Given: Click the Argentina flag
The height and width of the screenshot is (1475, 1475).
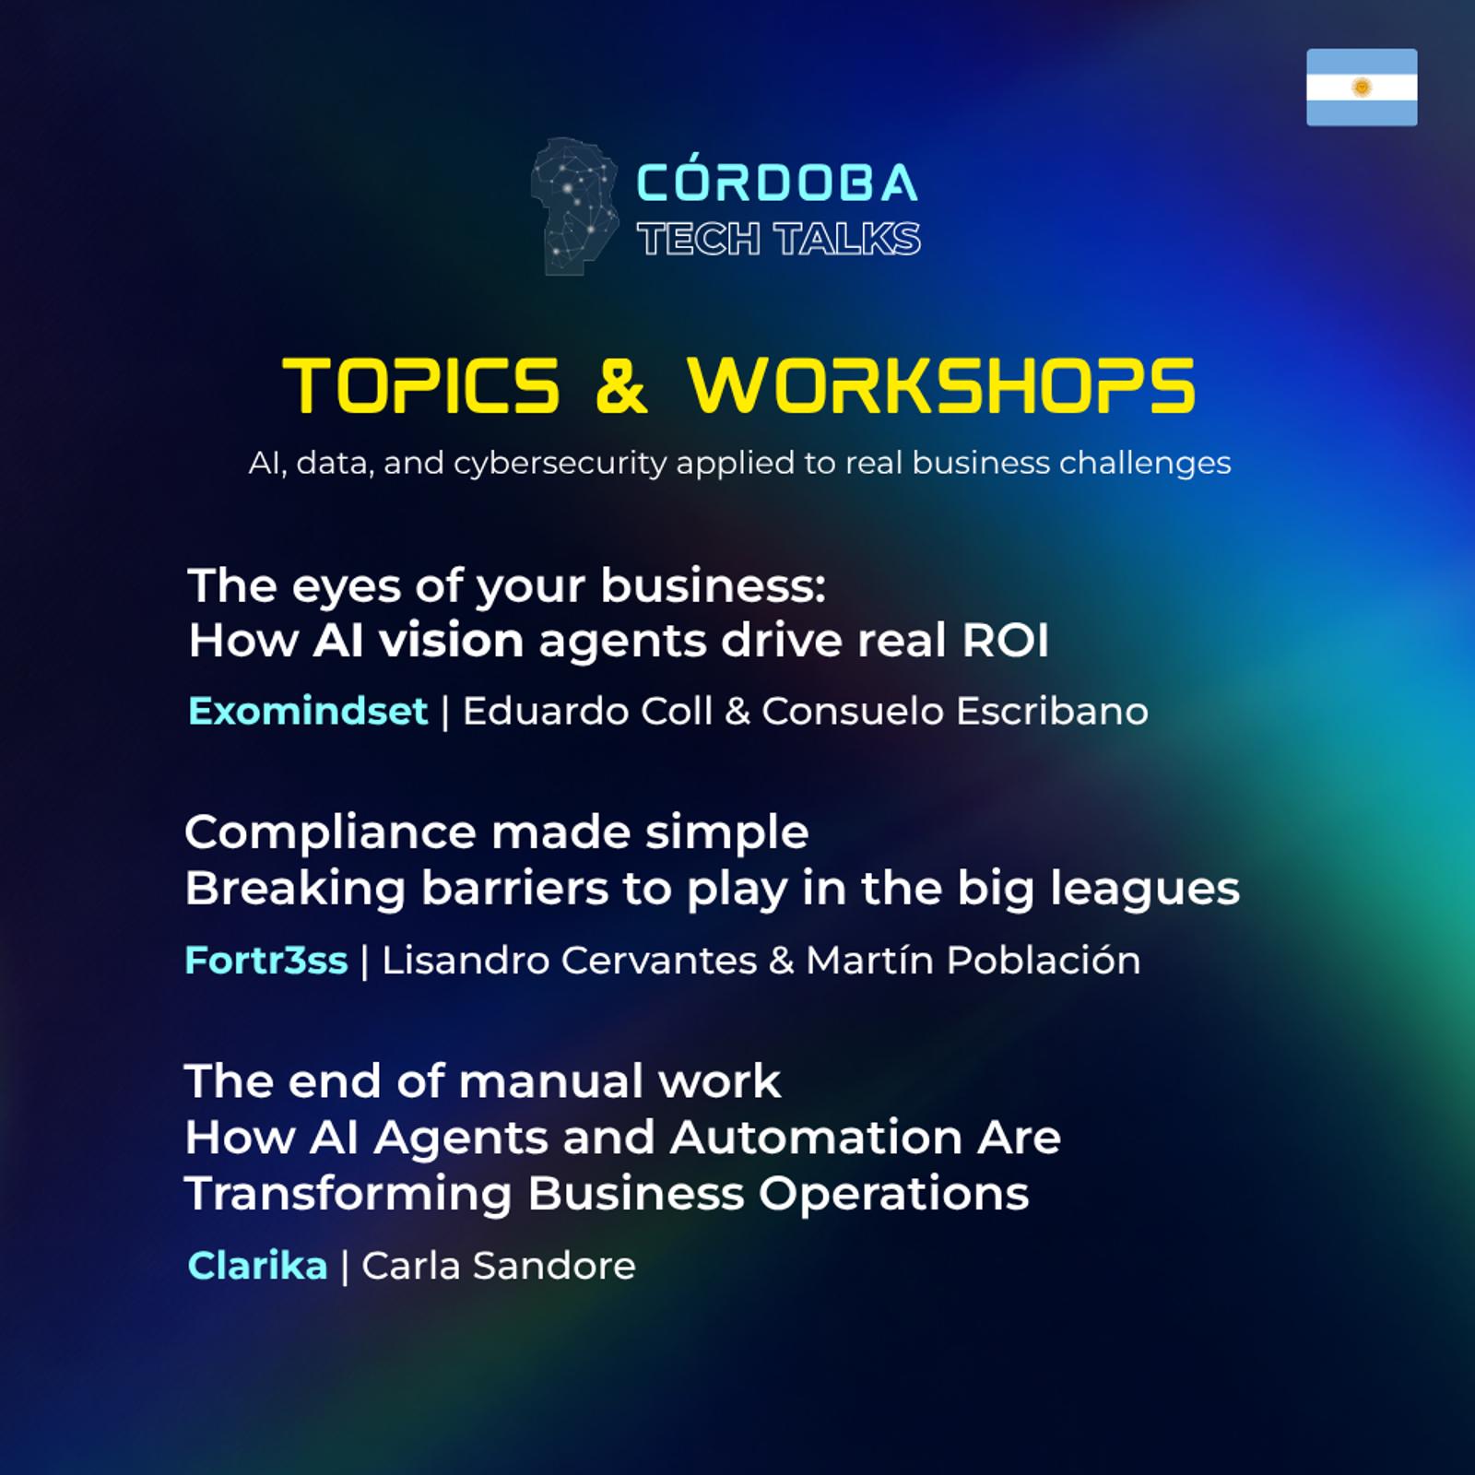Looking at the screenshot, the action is [x=1362, y=87].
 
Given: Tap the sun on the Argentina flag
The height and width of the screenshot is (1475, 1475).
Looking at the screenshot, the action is [x=1362, y=88].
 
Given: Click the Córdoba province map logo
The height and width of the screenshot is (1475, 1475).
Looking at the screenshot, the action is [x=573, y=206].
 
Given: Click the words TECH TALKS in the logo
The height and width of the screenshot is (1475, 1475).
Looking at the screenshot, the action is [x=779, y=240].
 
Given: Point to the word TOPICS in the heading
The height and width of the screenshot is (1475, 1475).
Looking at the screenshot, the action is [x=421, y=384].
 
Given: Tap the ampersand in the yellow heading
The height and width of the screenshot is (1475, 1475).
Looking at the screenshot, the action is [x=621, y=384].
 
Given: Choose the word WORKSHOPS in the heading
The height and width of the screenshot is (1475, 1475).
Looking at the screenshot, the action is [x=941, y=384].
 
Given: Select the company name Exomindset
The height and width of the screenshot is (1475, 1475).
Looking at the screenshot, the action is [x=308, y=711].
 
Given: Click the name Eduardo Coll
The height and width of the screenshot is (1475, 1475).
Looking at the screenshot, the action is [x=587, y=711].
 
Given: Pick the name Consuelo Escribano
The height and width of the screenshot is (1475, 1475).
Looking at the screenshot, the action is [x=955, y=711].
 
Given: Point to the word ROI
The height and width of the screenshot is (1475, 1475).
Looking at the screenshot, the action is [x=1006, y=641].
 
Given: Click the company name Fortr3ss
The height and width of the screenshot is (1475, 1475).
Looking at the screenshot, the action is [x=266, y=961].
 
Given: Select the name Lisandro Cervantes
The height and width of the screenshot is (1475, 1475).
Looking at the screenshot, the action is [x=570, y=961].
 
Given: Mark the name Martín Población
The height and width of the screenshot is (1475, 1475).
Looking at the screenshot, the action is [x=973, y=961].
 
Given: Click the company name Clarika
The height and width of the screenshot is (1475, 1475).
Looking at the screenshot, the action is [x=257, y=1266].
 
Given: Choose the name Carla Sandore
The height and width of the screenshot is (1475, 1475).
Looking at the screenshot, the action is [x=499, y=1266].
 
